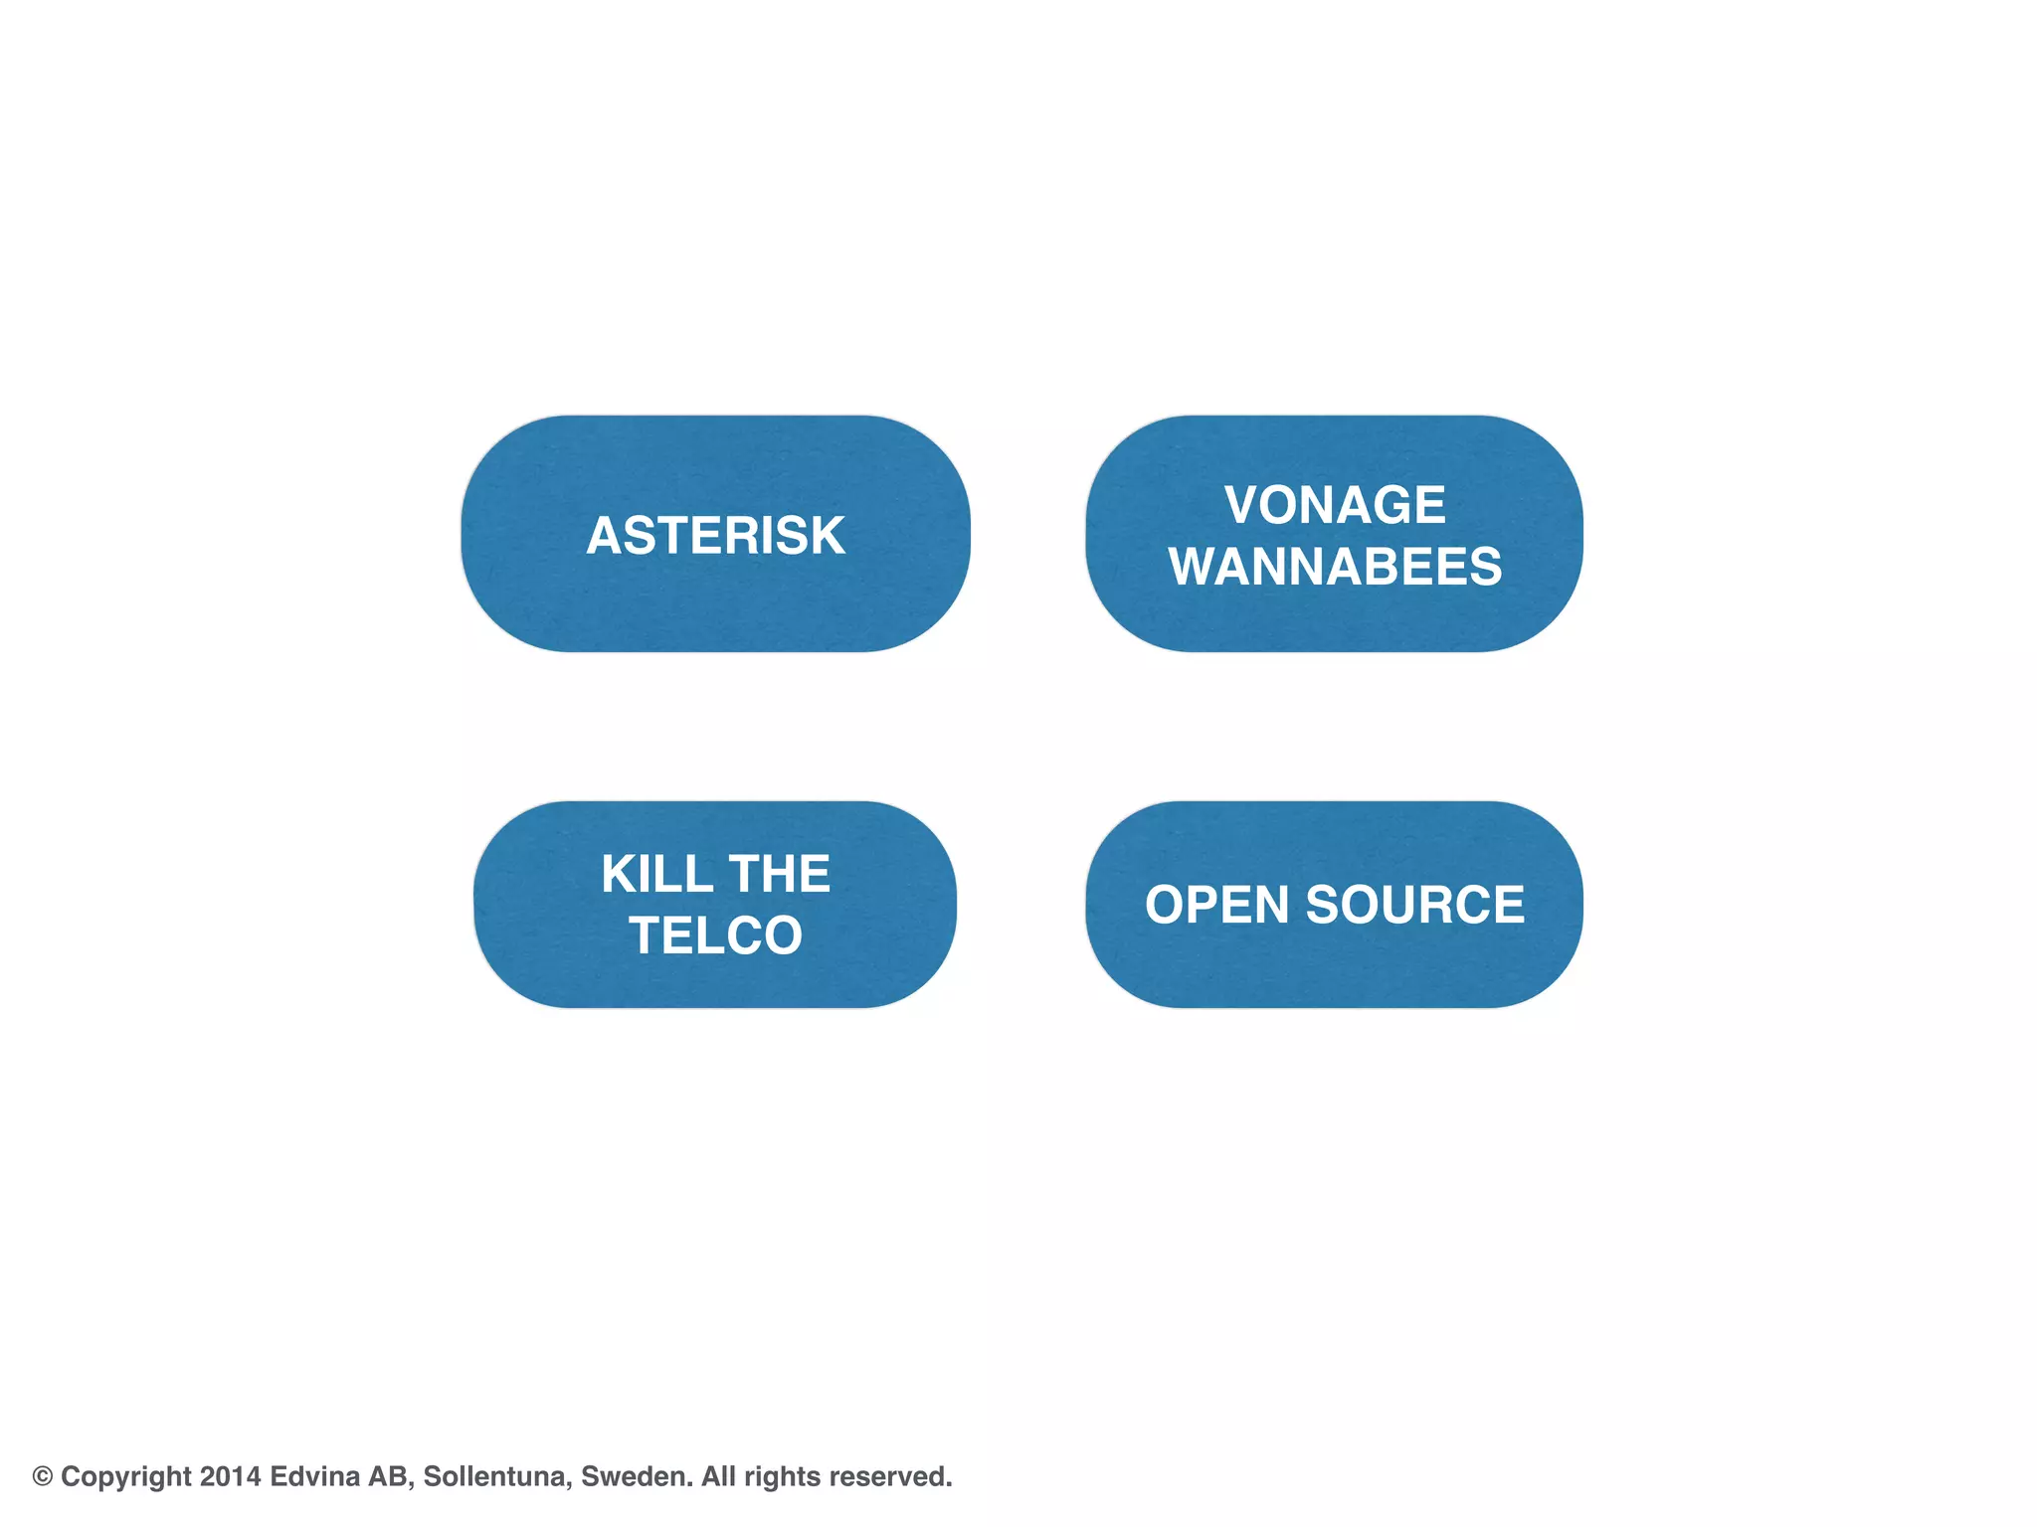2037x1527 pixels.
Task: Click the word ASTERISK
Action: (715, 536)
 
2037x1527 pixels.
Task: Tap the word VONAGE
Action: (1334, 505)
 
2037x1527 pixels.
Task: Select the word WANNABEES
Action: (1335, 567)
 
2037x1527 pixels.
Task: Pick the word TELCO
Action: (715, 936)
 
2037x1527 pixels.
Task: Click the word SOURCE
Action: (1414, 906)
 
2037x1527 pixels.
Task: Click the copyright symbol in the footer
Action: (42, 1476)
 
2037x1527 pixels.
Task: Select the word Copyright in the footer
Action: (125, 1476)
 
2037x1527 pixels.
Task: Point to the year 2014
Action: (230, 1476)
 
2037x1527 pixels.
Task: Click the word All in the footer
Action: (717, 1476)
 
